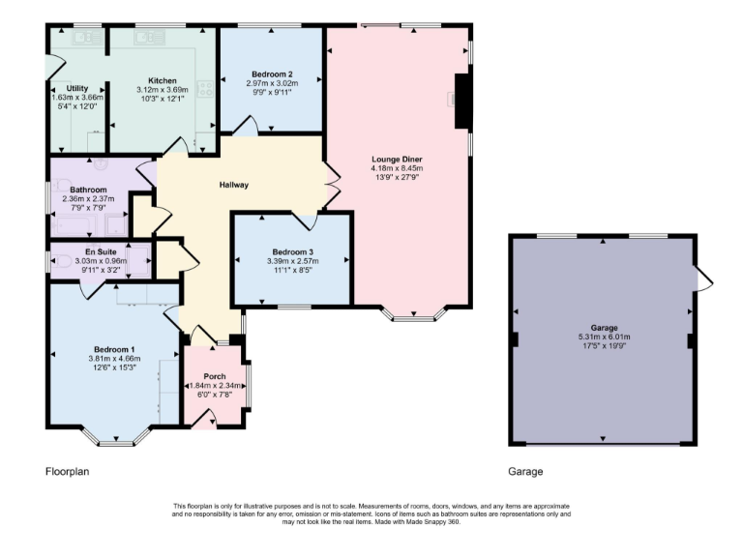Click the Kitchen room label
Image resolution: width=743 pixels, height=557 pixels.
[162, 80]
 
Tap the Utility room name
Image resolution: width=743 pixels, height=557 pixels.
[76, 88]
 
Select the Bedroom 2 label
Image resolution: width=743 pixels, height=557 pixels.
[271, 74]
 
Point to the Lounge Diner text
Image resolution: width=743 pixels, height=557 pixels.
[397, 159]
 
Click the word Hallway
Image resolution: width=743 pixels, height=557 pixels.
[234, 185]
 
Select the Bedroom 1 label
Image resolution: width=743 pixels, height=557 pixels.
[114, 349]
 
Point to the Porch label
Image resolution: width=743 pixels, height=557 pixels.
[215, 376]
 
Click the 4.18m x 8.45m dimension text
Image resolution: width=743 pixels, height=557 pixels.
[397, 168]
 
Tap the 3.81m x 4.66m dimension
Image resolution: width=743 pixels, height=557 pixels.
[114, 359]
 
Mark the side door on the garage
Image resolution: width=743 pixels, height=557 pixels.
[703, 278]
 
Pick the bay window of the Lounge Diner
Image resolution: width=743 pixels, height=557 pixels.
[413, 314]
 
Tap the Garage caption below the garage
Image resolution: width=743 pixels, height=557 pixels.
[525, 473]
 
